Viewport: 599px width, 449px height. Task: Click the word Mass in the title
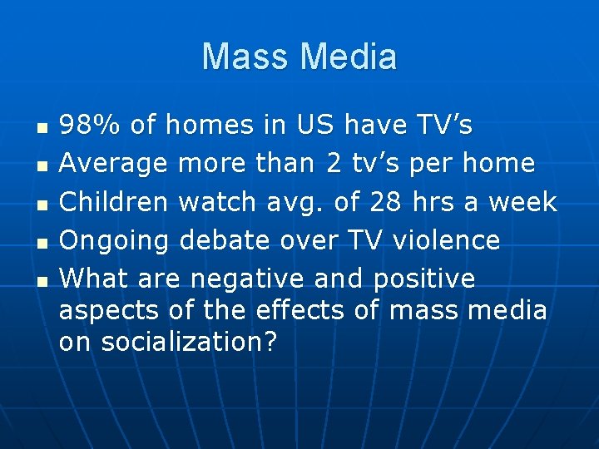(247, 57)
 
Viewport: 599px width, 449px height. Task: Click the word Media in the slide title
(349, 57)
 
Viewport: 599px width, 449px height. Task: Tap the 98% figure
(90, 126)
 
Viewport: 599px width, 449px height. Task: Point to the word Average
(112, 163)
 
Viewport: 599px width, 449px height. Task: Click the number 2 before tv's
(334, 163)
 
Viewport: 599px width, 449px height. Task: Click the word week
(523, 202)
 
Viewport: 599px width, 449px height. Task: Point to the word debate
(223, 240)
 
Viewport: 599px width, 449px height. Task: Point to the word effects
(296, 310)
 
